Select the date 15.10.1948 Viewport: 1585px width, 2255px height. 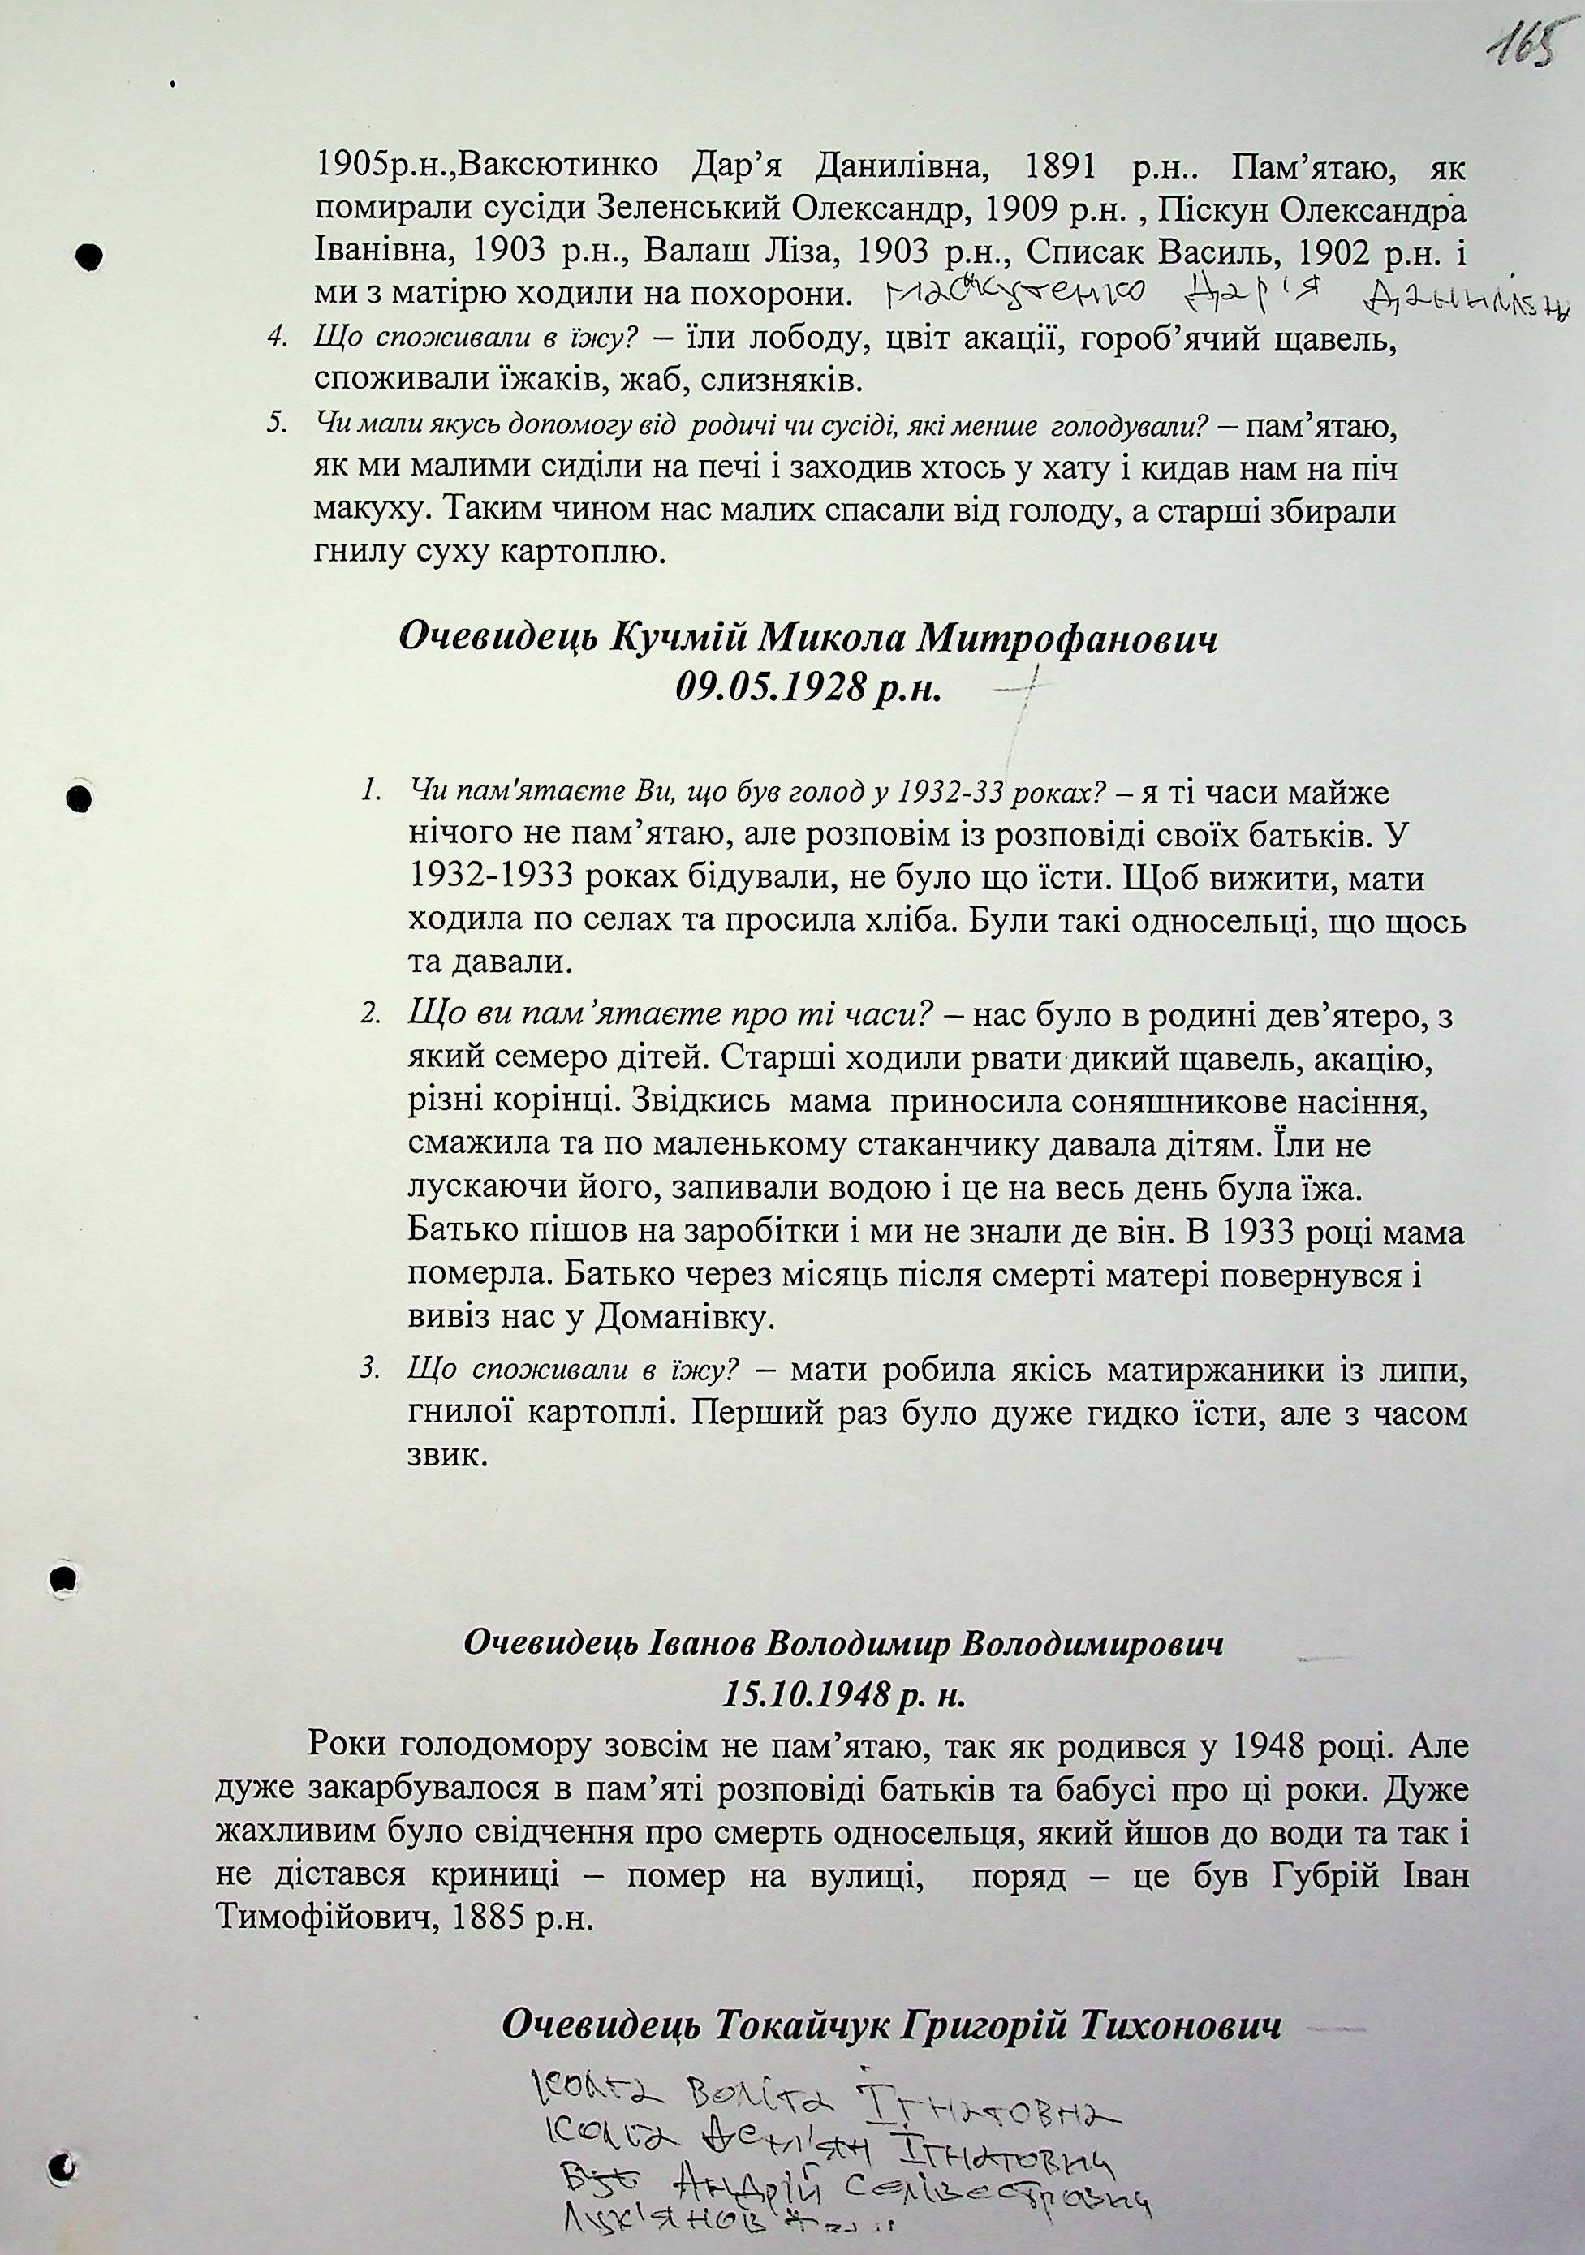point(804,1693)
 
